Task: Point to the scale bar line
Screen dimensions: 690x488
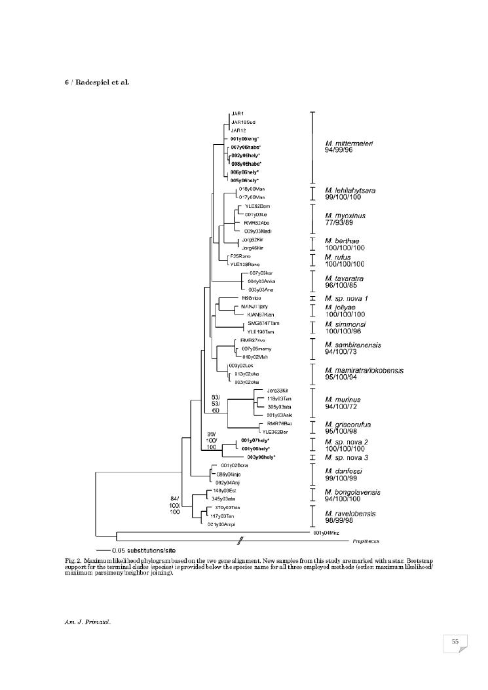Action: (x=102, y=550)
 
